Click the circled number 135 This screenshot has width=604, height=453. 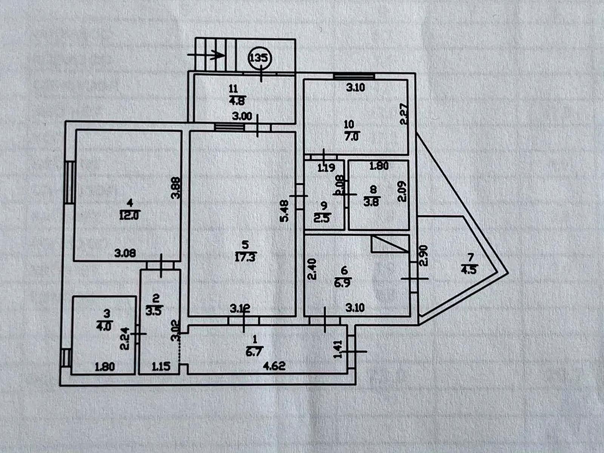(x=260, y=58)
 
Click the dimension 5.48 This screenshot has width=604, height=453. (x=285, y=210)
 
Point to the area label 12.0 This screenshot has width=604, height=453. (x=130, y=216)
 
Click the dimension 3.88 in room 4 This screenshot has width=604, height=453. (x=176, y=188)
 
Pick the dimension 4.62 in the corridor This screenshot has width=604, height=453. (x=274, y=366)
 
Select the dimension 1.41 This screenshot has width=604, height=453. (x=339, y=349)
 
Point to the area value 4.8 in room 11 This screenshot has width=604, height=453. (x=237, y=101)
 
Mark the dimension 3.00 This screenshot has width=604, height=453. (x=242, y=116)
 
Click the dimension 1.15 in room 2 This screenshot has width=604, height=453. (x=161, y=366)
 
